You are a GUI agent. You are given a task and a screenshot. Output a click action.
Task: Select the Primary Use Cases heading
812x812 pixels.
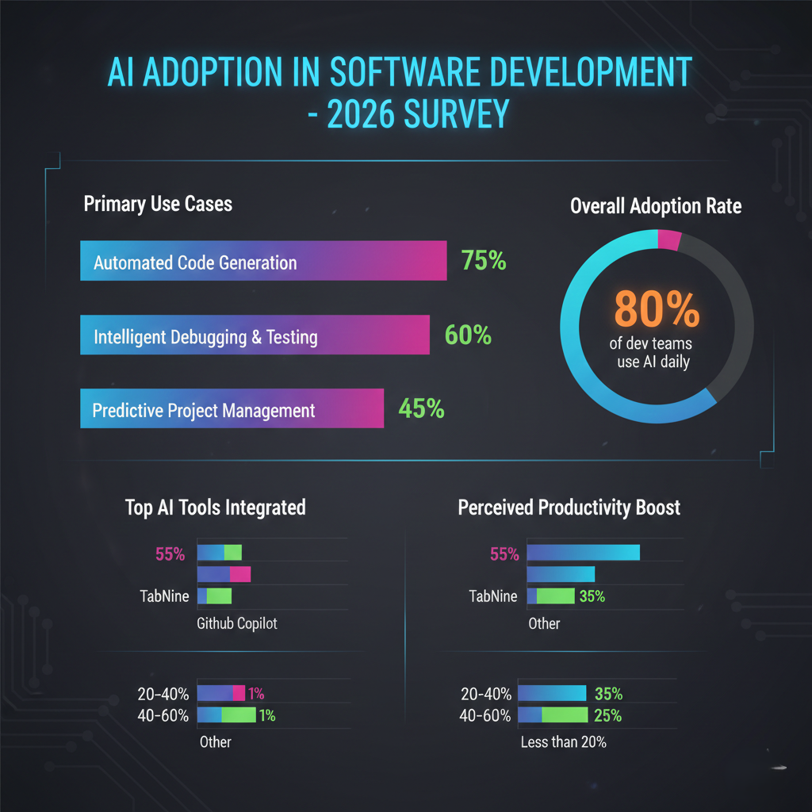click(158, 204)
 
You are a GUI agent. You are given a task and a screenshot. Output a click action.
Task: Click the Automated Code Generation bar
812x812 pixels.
click(263, 261)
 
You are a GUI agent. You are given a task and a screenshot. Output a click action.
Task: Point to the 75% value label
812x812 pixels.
click(483, 260)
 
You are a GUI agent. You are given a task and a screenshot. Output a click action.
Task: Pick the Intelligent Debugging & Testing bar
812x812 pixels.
click(255, 335)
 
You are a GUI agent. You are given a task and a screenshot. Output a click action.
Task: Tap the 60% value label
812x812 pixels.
click(468, 335)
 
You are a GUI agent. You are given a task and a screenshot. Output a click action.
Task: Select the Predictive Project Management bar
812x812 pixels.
click(232, 409)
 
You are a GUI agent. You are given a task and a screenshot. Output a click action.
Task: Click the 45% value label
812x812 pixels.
click(421, 409)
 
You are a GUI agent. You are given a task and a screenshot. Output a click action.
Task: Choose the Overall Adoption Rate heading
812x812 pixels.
click(656, 206)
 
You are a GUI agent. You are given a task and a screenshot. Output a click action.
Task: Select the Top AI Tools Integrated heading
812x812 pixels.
click(215, 507)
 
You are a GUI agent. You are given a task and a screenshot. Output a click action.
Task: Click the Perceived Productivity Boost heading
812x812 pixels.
click(569, 507)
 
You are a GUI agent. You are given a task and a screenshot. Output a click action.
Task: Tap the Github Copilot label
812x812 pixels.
click(236, 624)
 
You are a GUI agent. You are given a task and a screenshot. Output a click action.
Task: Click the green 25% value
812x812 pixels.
click(607, 716)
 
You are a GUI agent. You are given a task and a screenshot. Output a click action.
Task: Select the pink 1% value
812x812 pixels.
click(256, 694)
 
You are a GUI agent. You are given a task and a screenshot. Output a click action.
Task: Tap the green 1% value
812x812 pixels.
click(267, 716)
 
